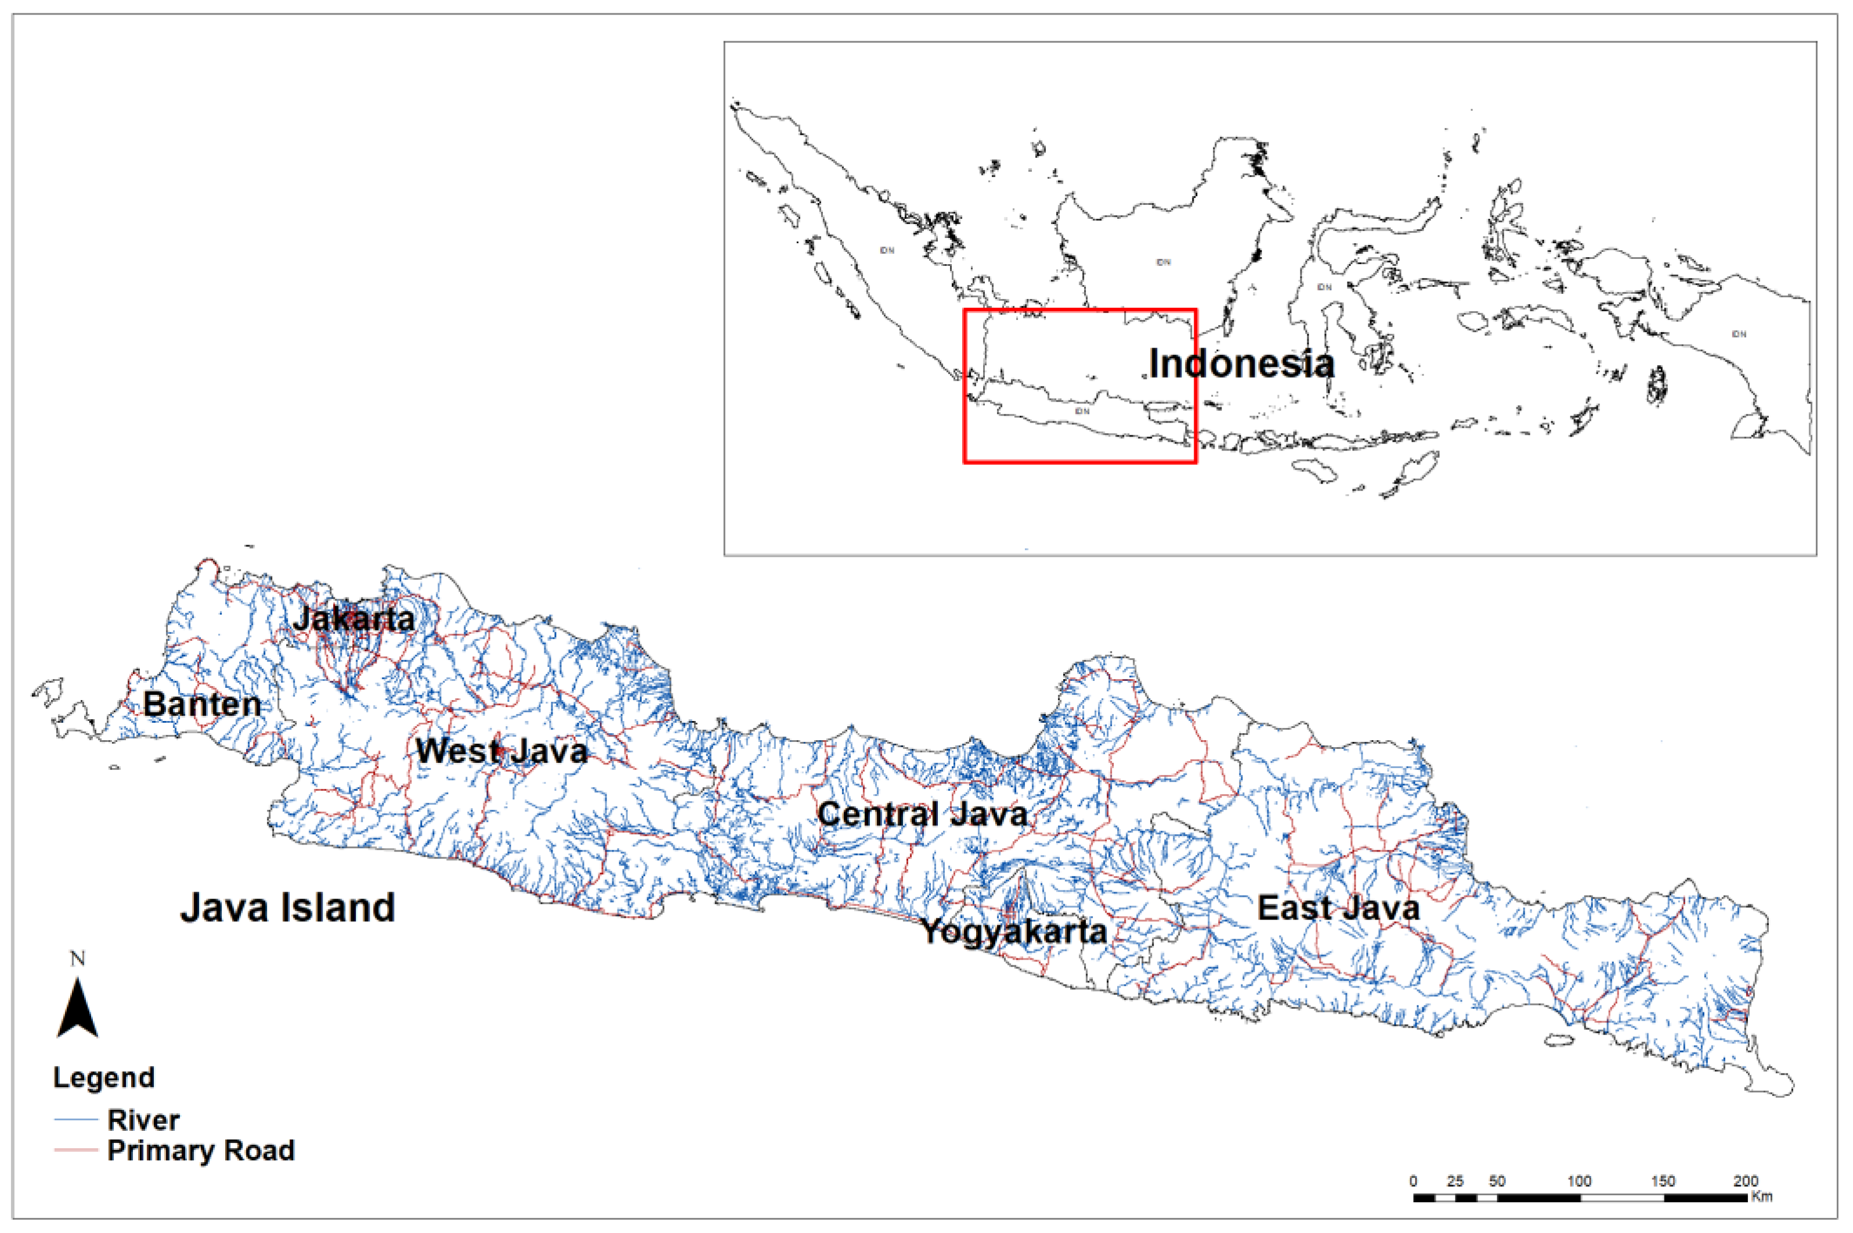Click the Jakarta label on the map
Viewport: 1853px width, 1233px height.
click(354, 619)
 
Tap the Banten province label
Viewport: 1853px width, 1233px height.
click(202, 704)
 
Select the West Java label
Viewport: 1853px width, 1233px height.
click(501, 751)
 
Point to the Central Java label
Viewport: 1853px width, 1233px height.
click(922, 814)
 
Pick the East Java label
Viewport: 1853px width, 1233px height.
click(1338, 908)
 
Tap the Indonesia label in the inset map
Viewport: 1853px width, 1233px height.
click(1241, 363)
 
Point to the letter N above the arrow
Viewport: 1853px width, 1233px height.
click(77, 958)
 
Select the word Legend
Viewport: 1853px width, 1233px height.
click(104, 1077)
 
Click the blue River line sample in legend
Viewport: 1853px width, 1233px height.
click(75, 1119)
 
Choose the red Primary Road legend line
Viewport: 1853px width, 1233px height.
click(75, 1149)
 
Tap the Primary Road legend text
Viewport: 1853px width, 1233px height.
click(201, 1151)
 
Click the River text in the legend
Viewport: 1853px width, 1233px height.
click(144, 1120)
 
